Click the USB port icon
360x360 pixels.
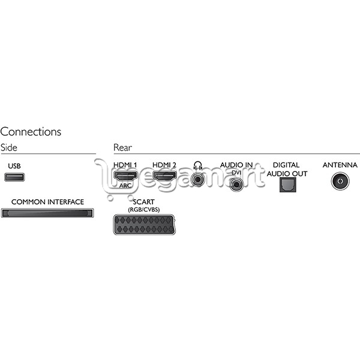(x=14, y=177)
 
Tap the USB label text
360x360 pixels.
(x=14, y=166)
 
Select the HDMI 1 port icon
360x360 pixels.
(x=125, y=176)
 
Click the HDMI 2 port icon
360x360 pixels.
(x=165, y=176)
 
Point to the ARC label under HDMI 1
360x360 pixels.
(x=125, y=185)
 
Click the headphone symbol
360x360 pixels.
(x=197, y=166)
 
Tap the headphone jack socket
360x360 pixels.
(x=197, y=179)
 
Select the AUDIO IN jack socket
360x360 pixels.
(x=236, y=184)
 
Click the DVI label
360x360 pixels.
(x=236, y=173)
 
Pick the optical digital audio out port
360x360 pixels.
(x=287, y=185)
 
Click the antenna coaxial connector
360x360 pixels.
(x=340, y=181)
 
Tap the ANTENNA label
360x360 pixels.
(x=340, y=165)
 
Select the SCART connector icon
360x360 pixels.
(x=145, y=225)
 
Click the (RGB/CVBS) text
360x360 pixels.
(x=144, y=209)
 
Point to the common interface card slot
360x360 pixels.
(x=47, y=213)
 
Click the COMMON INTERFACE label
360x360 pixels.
(x=47, y=202)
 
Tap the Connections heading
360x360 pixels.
(x=31, y=132)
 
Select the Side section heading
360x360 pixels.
(x=9, y=148)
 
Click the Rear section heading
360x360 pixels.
(x=122, y=148)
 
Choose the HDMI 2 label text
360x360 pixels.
(x=164, y=165)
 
